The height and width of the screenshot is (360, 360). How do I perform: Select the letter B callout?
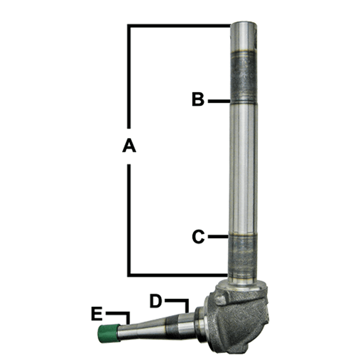pos(198,99)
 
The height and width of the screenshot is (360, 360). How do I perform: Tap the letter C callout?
pos(198,237)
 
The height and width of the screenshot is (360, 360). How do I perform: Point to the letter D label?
pos(156,301)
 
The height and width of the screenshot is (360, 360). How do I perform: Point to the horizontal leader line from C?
pos(218,237)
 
